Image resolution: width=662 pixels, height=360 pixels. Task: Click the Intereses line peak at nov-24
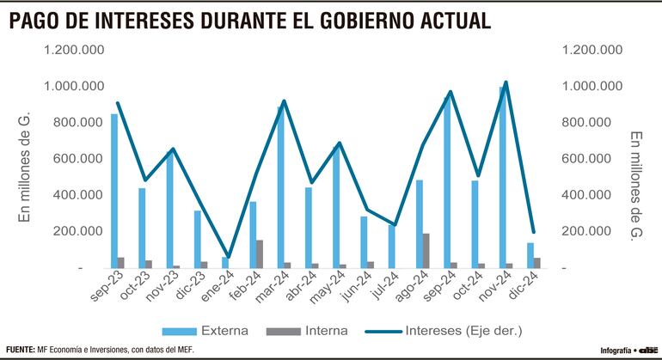[x=506, y=82]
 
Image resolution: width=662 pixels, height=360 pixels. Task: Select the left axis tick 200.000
[x=80, y=231]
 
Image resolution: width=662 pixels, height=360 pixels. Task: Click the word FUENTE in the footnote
[x=19, y=351]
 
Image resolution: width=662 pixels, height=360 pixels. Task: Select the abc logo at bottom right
[x=647, y=351]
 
